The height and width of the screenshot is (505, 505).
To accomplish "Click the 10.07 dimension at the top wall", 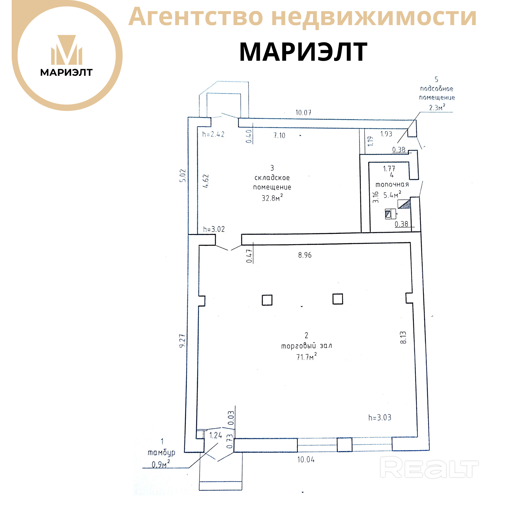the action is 303,113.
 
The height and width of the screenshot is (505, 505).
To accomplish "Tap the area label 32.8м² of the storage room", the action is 272,198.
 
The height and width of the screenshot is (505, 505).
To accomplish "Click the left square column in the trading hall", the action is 267,300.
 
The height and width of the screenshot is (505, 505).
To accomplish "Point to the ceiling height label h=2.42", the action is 213,134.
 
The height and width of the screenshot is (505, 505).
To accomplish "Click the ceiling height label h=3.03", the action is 380,417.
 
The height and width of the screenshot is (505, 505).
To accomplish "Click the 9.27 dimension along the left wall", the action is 182,341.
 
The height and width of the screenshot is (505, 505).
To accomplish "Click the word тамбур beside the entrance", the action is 161,453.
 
